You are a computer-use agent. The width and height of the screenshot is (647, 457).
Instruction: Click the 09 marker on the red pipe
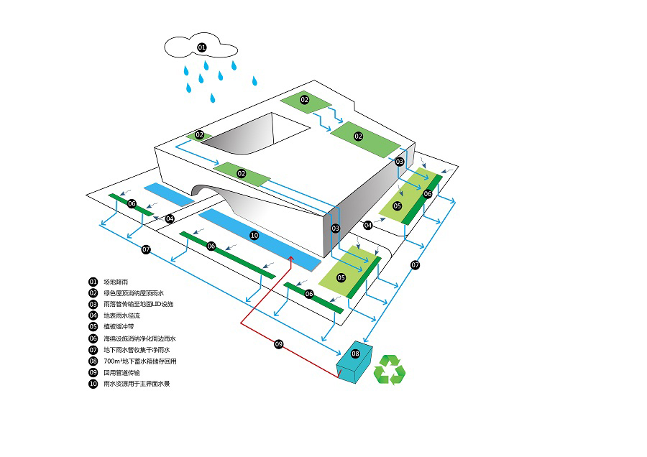tap(279, 344)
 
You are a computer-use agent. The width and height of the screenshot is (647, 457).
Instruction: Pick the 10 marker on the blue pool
tap(254, 235)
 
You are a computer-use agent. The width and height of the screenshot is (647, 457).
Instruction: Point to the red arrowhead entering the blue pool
tap(291, 257)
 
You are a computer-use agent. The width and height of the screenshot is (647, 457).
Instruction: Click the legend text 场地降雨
tap(117, 282)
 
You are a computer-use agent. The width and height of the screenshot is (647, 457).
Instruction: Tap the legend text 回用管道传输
tap(122, 372)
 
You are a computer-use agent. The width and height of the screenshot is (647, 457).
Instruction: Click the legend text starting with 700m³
tap(140, 361)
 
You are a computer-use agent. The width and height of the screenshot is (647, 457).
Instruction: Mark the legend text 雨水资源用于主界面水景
tap(137, 384)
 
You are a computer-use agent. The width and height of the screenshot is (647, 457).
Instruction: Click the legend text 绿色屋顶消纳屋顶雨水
tap(134, 293)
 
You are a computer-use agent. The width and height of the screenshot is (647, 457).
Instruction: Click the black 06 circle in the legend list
tap(93, 338)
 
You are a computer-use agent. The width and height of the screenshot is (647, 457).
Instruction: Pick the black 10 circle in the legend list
tap(93, 384)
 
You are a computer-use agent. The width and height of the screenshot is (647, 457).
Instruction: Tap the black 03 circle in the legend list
tap(93, 304)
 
